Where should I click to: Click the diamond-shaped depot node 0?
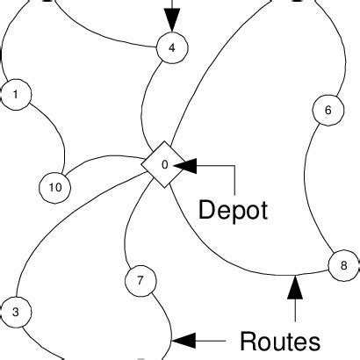pyautogui.click(x=164, y=164)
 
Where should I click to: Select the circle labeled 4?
pyautogui.click(x=171, y=48)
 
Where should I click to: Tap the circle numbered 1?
pyautogui.click(x=16, y=93)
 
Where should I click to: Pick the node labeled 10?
pyautogui.click(x=54, y=186)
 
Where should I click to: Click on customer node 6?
pyautogui.click(x=328, y=111)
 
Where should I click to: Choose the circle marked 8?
pyautogui.click(x=342, y=263)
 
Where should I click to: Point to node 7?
pyautogui.click(x=140, y=281)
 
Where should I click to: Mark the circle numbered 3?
pyautogui.click(x=16, y=311)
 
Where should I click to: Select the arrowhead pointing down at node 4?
pyautogui.click(x=172, y=22)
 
